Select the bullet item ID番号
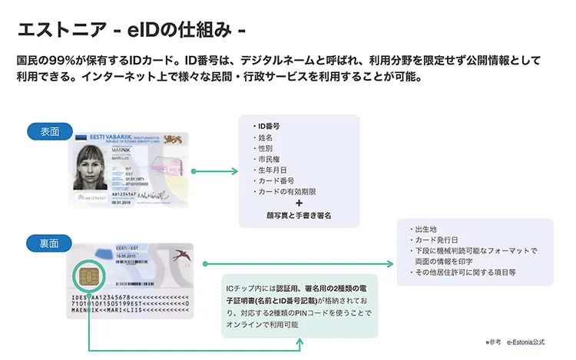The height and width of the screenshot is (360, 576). pos(268,125)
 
